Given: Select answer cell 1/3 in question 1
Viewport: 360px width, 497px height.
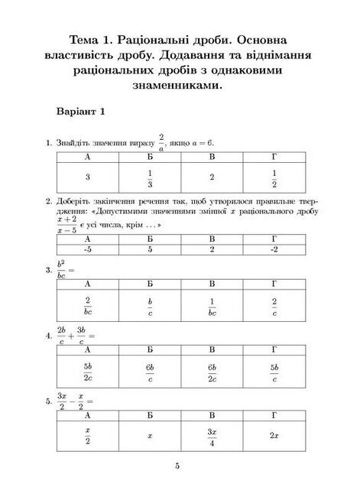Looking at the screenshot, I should pos(150,177).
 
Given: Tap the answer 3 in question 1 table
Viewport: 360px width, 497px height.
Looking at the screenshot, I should pos(88,177).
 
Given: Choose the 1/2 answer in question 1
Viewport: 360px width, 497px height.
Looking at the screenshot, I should pos(274,177).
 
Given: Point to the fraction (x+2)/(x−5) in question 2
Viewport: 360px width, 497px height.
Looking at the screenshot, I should pos(66,223).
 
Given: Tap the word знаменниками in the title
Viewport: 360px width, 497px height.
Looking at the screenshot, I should pos(180,86).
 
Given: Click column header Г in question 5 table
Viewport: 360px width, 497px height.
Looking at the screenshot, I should pos(274,414).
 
